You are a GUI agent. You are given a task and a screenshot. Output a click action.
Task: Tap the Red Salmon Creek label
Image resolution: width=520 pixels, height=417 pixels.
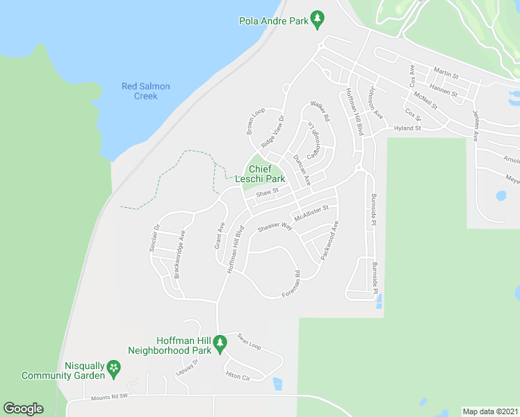coord(146,91)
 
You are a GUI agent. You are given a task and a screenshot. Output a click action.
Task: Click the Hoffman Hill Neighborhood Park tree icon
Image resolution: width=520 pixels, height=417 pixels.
coord(220,342)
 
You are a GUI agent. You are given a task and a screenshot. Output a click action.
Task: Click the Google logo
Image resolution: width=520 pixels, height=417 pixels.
coord(24,409)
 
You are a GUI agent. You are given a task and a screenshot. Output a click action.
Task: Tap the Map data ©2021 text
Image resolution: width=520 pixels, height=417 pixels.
coord(490,411)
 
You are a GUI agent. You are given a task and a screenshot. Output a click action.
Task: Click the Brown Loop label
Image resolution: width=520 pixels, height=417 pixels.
coord(255,122)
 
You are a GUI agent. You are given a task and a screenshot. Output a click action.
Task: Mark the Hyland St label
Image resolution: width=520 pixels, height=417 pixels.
coord(407,129)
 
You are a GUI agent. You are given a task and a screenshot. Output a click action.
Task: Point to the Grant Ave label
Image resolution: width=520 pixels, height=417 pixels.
coord(220,236)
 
